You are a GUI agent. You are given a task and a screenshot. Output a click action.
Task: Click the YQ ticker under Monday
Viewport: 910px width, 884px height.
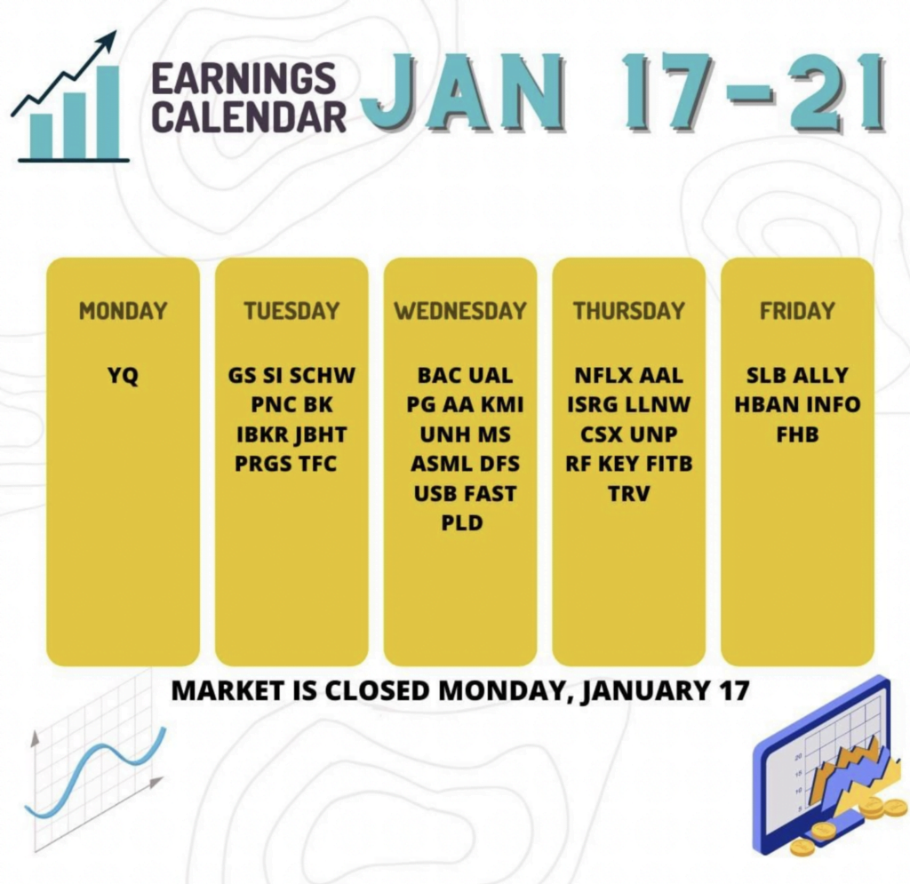tap(123, 376)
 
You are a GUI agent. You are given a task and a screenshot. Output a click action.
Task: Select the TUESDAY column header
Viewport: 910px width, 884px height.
tap(291, 311)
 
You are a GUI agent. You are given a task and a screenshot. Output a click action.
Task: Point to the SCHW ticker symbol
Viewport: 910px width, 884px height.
tap(322, 375)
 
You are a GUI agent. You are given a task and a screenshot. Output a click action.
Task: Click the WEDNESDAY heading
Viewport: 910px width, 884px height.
tap(460, 311)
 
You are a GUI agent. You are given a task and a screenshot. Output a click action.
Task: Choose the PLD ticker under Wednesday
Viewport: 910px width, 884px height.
tap(462, 522)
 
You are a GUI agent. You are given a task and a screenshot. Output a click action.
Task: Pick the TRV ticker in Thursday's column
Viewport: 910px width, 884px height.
tap(629, 494)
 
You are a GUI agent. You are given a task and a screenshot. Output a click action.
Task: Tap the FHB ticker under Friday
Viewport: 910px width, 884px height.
tap(797, 434)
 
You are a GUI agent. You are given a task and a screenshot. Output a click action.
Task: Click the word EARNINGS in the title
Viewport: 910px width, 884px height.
tap(243, 78)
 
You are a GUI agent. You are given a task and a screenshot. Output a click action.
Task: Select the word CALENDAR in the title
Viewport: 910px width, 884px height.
tap(249, 115)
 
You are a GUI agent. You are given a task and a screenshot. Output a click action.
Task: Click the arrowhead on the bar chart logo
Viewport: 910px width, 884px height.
tap(107, 41)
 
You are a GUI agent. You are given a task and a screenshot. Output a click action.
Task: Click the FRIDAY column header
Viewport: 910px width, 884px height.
tap(797, 311)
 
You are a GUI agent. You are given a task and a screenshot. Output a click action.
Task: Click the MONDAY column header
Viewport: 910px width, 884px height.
tap(123, 311)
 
